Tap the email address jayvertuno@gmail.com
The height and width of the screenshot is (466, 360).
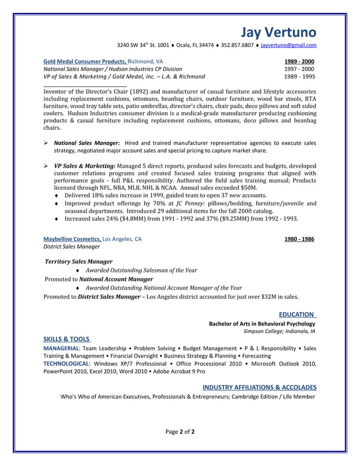point(288,45)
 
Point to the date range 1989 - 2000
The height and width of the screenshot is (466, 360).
point(299,61)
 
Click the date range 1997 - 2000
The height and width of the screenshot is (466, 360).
point(299,68)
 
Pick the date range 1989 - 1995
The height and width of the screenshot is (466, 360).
point(299,76)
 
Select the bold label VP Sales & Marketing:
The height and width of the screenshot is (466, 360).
point(85,165)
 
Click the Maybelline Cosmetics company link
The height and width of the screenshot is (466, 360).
point(72,239)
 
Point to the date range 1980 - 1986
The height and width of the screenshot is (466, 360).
point(299,239)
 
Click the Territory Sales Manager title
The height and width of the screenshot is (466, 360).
point(78,262)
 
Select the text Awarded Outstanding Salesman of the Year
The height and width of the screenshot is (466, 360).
point(142,270)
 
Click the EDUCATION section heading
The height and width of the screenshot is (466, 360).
point(297,314)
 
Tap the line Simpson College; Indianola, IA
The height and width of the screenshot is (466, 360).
point(279,331)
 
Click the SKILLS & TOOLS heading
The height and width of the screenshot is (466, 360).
point(67,339)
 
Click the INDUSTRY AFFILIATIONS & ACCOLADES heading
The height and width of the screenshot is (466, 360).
point(259,387)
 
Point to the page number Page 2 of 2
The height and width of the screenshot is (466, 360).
point(179,432)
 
